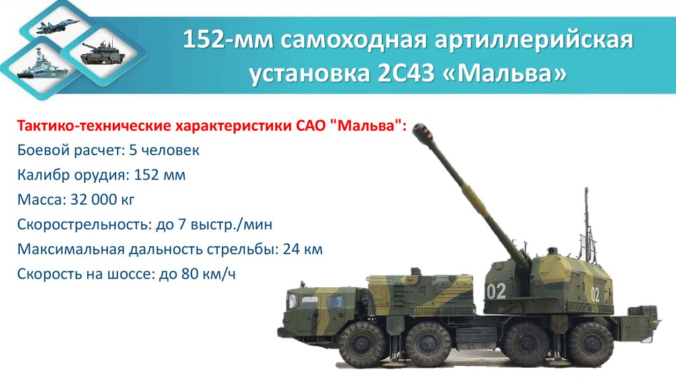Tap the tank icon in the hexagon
[x=98, y=52]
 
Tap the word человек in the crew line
[x=174, y=151]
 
